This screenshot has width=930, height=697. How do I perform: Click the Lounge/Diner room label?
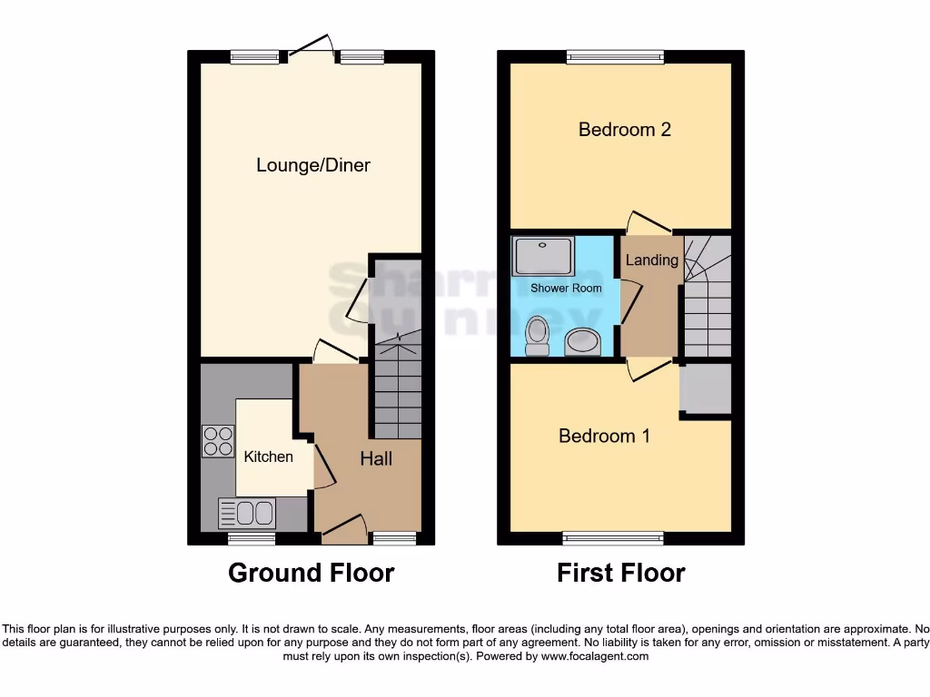pyautogui.click(x=313, y=165)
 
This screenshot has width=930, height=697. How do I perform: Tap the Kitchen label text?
pyautogui.click(x=269, y=456)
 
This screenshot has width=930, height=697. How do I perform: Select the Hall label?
pyautogui.click(x=376, y=458)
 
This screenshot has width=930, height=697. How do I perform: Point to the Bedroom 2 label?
pyautogui.click(x=625, y=130)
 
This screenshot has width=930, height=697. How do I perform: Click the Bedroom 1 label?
pyautogui.click(x=604, y=436)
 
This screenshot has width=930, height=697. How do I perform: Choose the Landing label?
pyautogui.click(x=651, y=260)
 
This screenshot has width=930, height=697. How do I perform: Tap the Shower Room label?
pyautogui.click(x=567, y=288)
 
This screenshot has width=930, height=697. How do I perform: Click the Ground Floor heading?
pyautogui.click(x=311, y=573)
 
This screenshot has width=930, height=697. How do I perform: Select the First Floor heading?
pyautogui.click(x=621, y=573)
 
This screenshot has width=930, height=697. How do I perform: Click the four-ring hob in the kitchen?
pyautogui.click(x=218, y=441)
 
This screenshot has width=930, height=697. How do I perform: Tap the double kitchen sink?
pyautogui.click(x=247, y=514)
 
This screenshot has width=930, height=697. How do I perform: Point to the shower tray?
pyautogui.click(x=543, y=256)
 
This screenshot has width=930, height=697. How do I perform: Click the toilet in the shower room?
pyautogui.click(x=538, y=335)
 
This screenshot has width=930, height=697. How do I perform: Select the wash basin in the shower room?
pyautogui.click(x=582, y=341)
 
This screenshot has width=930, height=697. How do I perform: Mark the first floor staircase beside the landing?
pyautogui.click(x=707, y=295)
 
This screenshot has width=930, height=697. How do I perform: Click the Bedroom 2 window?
pyautogui.click(x=614, y=57)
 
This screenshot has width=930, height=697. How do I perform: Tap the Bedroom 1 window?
pyautogui.click(x=613, y=538)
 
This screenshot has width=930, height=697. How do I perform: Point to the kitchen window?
pyautogui.click(x=252, y=538)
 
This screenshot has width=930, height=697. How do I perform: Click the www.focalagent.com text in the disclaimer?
pyautogui.click(x=594, y=656)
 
